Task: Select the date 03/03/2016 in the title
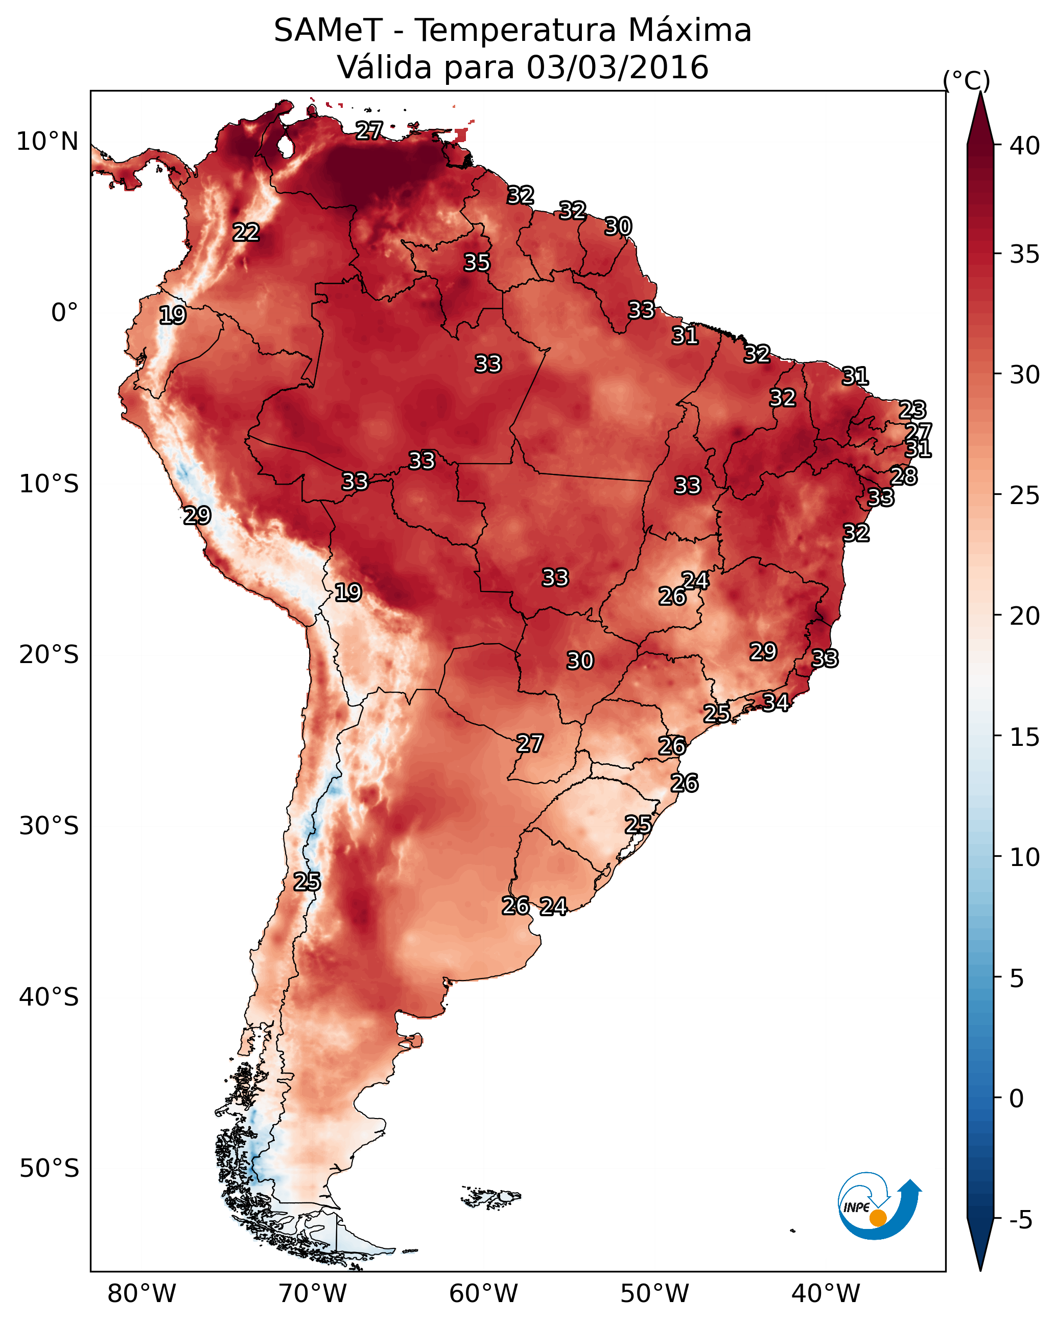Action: [x=617, y=67]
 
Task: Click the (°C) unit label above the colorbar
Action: [x=967, y=80]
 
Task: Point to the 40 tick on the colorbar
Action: [x=1025, y=146]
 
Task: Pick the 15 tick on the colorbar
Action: [x=1025, y=737]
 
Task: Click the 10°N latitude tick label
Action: [x=47, y=142]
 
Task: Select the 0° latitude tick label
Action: [x=64, y=313]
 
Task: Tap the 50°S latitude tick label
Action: [x=49, y=1169]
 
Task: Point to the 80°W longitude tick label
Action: [x=142, y=1293]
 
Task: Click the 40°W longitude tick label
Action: [x=826, y=1293]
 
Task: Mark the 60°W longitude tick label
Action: [x=484, y=1293]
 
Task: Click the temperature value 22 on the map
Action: [x=246, y=233]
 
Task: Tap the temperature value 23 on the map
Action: [x=912, y=409]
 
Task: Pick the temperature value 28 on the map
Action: [x=903, y=476]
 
